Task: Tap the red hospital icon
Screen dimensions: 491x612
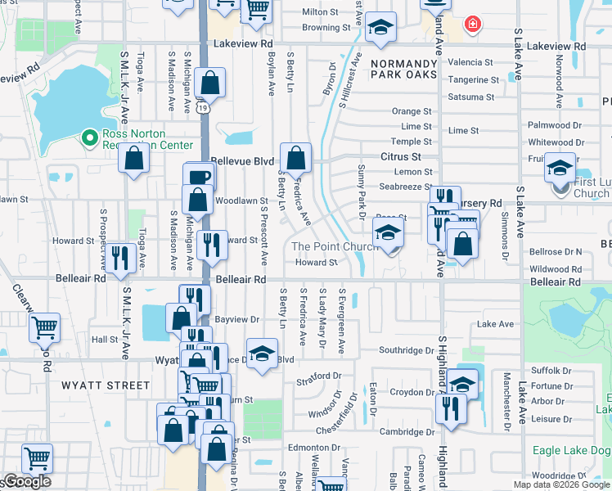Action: click(x=472, y=25)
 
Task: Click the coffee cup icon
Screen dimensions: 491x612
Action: click(x=199, y=177)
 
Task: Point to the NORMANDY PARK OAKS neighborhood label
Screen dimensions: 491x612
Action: click(x=403, y=70)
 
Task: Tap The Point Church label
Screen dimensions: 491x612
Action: click(x=324, y=246)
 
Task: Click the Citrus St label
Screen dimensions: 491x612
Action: click(x=401, y=156)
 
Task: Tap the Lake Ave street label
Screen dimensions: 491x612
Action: click(x=495, y=324)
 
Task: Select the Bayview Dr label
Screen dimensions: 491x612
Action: click(x=236, y=319)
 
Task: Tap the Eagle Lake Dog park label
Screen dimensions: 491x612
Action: click(x=571, y=450)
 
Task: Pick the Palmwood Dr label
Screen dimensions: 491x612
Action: click(x=555, y=125)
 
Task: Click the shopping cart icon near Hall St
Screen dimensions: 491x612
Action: click(x=44, y=327)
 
